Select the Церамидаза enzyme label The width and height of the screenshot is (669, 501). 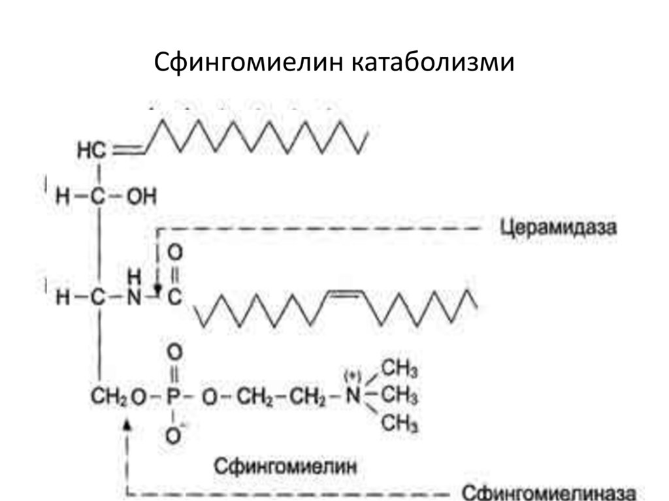(x=559, y=228)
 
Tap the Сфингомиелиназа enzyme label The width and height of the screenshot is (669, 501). (x=548, y=492)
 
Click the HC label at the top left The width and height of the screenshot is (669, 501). (x=91, y=151)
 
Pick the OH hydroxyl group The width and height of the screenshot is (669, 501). (x=142, y=197)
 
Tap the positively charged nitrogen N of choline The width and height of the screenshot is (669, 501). (x=353, y=396)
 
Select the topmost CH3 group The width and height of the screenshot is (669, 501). (x=400, y=369)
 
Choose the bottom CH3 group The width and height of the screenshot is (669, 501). (x=400, y=425)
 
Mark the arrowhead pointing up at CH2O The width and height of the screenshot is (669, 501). (x=127, y=425)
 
